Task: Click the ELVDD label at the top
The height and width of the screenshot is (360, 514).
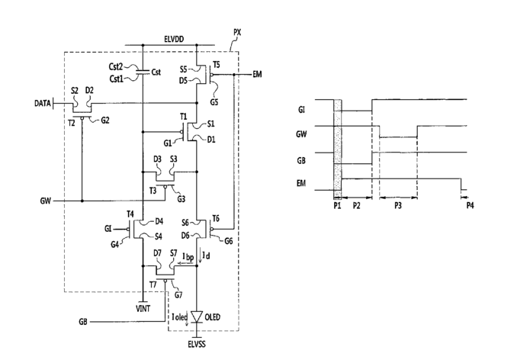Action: (174, 40)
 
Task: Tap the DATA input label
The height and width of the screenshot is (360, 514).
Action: (43, 103)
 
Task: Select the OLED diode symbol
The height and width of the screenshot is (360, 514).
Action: (197, 317)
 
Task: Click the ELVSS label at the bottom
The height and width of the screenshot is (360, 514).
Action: (197, 344)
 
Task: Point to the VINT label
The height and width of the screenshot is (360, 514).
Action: (143, 309)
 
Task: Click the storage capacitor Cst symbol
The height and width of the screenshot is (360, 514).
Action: (143, 72)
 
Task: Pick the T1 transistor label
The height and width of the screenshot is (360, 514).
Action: (183, 117)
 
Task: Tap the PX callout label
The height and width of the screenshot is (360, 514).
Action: (237, 33)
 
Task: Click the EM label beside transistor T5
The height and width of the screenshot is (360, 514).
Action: (257, 75)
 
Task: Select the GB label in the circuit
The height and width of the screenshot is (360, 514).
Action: (83, 322)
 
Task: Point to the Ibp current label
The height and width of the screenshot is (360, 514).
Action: (188, 257)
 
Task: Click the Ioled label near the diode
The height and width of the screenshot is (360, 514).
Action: (180, 317)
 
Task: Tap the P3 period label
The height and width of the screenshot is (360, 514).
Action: (398, 206)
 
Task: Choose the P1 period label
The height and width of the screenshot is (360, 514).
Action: (337, 206)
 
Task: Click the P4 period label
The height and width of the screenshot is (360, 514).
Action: (470, 206)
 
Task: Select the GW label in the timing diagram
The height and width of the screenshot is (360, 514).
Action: (301, 134)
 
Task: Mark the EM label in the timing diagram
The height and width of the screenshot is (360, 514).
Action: (301, 183)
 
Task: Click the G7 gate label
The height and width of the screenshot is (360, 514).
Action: (178, 295)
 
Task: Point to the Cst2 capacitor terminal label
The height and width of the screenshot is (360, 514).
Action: (116, 66)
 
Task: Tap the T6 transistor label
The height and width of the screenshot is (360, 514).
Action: (216, 218)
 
